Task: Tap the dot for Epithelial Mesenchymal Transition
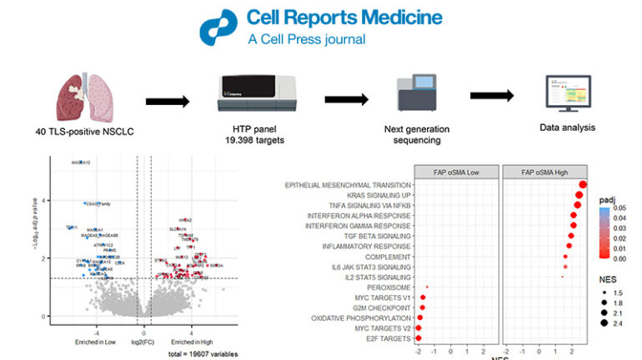(583, 185)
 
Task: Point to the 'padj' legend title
(606, 200)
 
